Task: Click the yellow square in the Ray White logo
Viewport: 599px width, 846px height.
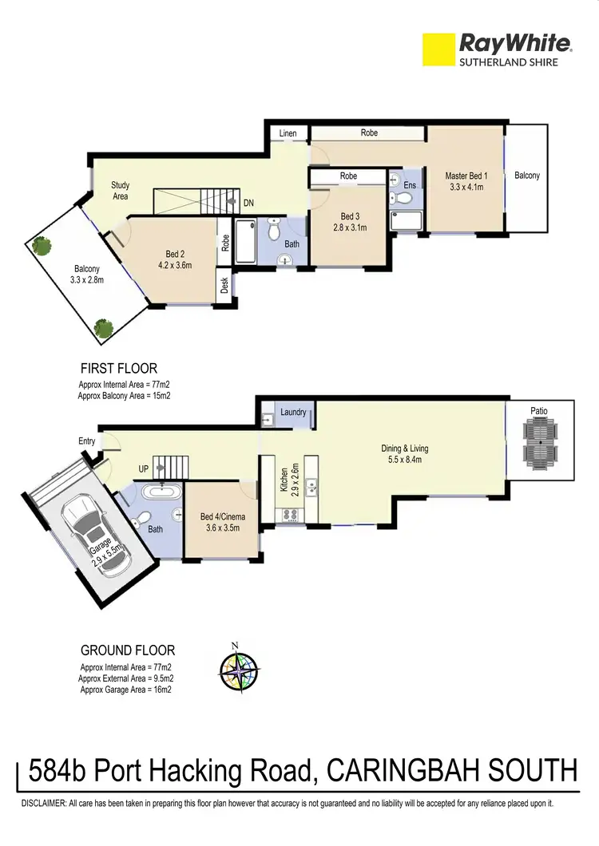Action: (x=437, y=49)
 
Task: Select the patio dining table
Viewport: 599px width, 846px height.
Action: (x=541, y=445)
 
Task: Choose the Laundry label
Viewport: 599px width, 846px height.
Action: (x=293, y=413)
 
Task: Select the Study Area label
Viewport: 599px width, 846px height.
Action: (x=120, y=191)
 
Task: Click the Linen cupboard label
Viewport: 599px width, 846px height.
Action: (x=288, y=133)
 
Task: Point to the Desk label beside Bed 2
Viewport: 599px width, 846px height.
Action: (x=225, y=285)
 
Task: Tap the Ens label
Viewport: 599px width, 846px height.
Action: (x=410, y=185)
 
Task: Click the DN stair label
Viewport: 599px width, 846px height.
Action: (x=248, y=204)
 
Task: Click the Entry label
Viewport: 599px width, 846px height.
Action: (x=87, y=441)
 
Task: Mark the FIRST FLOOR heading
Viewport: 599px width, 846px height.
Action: (x=119, y=369)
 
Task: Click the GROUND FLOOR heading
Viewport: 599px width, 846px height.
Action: (x=128, y=650)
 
